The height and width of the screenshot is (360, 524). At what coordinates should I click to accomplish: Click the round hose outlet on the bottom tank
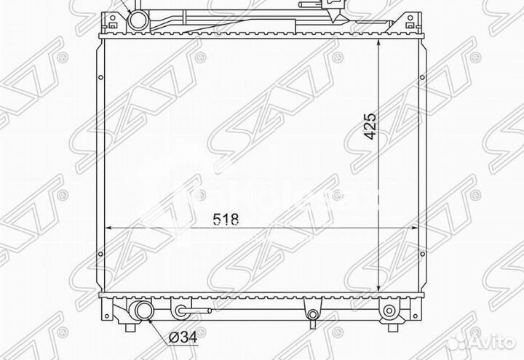(x=141, y=313)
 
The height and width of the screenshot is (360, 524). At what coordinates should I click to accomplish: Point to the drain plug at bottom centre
(x=312, y=314)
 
